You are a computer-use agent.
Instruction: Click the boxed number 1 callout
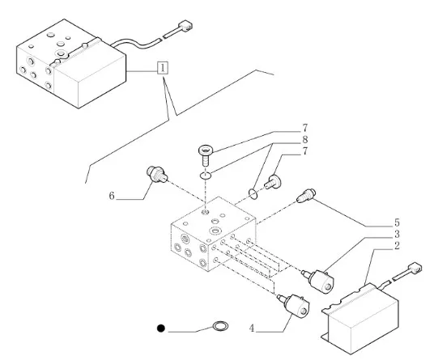pyautogui.click(x=163, y=68)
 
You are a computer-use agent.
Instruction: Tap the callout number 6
pyautogui.click(x=112, y=196)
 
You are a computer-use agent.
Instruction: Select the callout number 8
pyautogui.click(x=304, y=140)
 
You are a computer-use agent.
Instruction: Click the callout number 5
pyautogui.click(x=397, y=222)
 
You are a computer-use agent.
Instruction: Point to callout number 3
pyautogui.click(x=397, y=234)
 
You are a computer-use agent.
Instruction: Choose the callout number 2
pyautogui.click(x=397, y=246)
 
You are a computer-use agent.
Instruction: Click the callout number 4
pyautogui.click(x=251, y=328)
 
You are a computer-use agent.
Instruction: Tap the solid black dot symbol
pyautogui.click(x=161, y=328)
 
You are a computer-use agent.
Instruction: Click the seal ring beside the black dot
pyautogui.click(x=220, y=326)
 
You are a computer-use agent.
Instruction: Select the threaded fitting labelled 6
pyautogui.click(x=156, y=174)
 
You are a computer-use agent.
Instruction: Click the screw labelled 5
pyautogui.click(x=306, y=195)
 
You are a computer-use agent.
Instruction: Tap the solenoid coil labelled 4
pyautogui.click(x=294, y=305)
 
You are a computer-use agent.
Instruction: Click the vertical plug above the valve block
pyautogui.click(x=206, y=155)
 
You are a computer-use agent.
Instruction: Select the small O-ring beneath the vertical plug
pyautogui.click(x=206, y=175)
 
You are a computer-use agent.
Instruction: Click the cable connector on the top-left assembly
pyautogui.click(x=185, y=26)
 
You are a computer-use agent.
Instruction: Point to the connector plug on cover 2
pyautogui.click(x=415, y=268)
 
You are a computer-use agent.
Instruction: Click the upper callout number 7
pyautogui.click(x=304, y=128)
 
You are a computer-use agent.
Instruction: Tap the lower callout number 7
pyautogui.click(x=304, y=151)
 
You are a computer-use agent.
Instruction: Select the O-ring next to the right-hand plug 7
pyautogui.click(x=253, y=193)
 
